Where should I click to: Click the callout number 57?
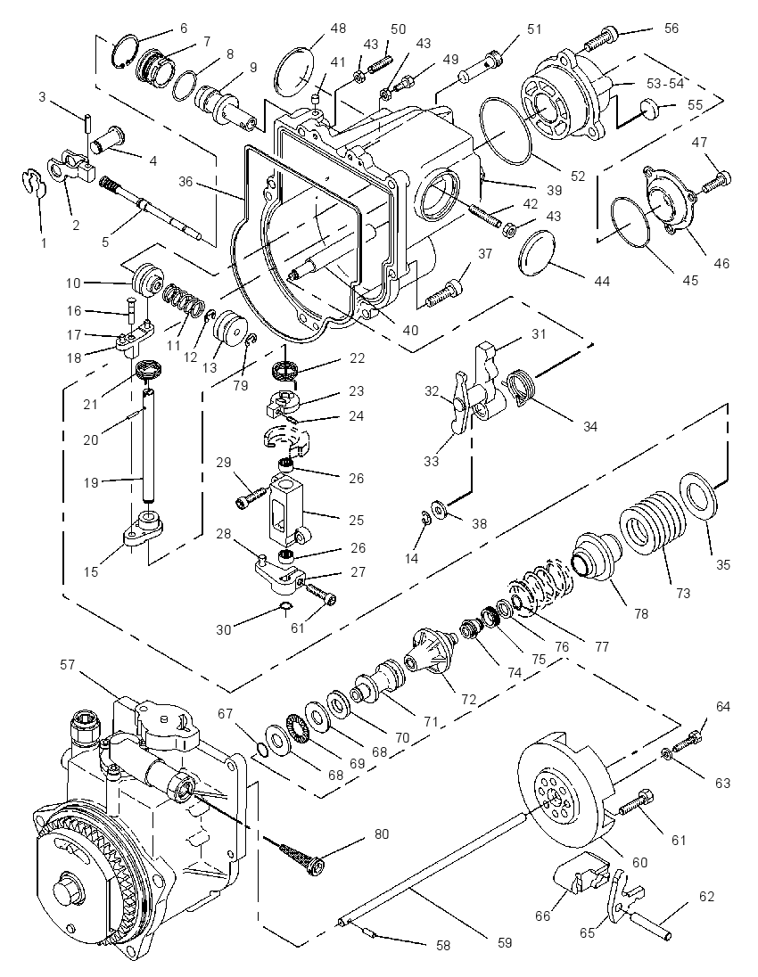67,665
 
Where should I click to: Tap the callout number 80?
382,833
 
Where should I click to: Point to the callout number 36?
185,182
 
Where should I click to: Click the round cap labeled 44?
538,255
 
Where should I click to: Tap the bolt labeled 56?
601,38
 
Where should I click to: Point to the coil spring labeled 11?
184,300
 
